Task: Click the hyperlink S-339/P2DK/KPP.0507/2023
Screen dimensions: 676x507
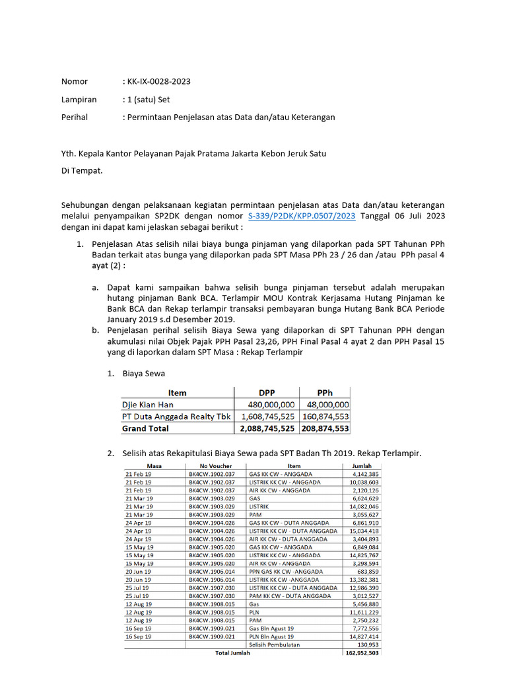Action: click(x=302, y=216)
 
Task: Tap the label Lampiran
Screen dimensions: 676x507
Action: click(x=79, y=100)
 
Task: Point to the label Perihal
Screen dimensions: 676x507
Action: click(x=74, y=118)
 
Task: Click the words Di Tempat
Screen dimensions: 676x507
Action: click(x=82, y=170)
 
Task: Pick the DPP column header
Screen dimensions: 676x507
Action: click(x=266, y=393)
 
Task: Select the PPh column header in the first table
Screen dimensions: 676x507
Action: click(x=325, y=393)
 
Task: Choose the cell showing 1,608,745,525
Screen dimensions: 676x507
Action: click(x=266, y=417)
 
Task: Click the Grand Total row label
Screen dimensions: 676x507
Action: click(x=145, y=428)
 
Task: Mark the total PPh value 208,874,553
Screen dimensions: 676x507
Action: click(x=325, y=428)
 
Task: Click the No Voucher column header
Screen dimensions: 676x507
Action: click(x=212, y=466)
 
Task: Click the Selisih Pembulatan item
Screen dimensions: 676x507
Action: click(x=273, y=644)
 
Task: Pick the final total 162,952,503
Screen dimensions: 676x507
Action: click(x=362, y=653)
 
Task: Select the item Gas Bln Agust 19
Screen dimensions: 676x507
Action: click(x=271, y=628)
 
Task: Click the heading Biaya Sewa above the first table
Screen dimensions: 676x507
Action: click(x=144, y=374)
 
